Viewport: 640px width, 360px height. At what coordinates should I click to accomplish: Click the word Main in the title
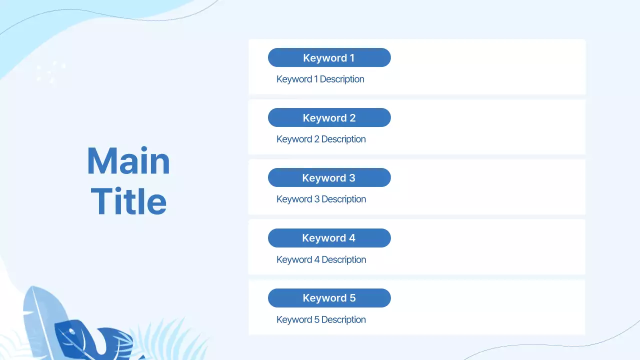pyautogui.click(x=128, y=161)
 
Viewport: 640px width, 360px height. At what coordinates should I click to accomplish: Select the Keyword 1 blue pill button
pyautogui.click(x=329, y=57)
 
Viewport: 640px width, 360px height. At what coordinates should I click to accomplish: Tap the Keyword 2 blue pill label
pyautogui.click(x=329, y=117)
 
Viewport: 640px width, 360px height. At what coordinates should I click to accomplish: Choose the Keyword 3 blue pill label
pyautogui.click(x=329, y=177)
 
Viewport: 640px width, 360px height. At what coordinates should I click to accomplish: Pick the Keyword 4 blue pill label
pyautogui.click(x=329, y=238)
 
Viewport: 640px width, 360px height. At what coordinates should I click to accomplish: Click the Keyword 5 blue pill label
pyautogui.click(x=329, y=298)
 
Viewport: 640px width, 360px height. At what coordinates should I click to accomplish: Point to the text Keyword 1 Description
pyautogui.click(x=320, y=79)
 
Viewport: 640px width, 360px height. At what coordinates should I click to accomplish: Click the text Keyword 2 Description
pyautogui.click(x=321, y=139)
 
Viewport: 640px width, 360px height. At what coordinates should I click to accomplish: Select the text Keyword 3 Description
pyautogui.click(x=321, y=199)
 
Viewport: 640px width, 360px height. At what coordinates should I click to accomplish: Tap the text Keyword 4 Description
pyautogui.click(x=321, y=259)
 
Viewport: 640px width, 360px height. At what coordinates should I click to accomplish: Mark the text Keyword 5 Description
pyautogui.click(x=321, y=319)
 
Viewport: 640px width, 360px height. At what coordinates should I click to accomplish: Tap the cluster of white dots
pyautogui.click(x=50, y=73)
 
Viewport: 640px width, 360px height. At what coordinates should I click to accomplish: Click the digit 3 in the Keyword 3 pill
pyautogui.click(x=352, y=178)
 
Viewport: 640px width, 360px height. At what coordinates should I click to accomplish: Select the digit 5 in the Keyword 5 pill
pyautogui.click(x=352, y=298)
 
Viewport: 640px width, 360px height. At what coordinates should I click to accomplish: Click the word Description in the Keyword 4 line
pyautogui.click(x=343, y=259)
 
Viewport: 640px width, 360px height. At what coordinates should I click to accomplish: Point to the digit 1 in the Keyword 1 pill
pyautogui.click(x=351, y=57)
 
